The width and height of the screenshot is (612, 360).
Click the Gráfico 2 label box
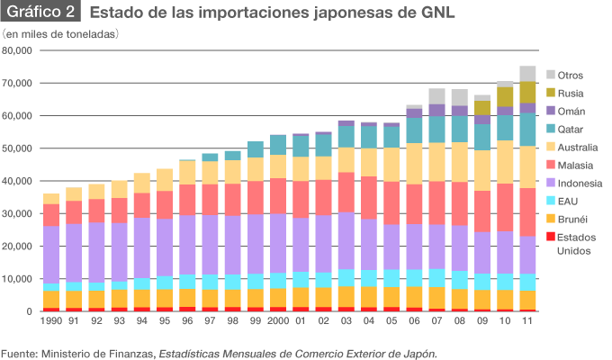point(41,13)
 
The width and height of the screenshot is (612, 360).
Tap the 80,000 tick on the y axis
point(18,50)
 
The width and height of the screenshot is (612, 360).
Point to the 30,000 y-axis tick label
point(18,213)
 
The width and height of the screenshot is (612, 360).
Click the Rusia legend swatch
point(548,94)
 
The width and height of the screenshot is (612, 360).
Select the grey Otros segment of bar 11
point(527,74)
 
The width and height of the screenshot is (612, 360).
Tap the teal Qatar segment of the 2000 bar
point(278,145)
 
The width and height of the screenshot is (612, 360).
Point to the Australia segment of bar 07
point(437,162)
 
